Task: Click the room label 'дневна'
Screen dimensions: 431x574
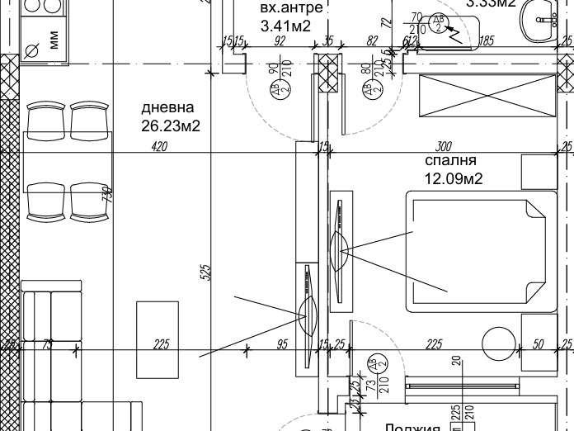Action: click(167, 107)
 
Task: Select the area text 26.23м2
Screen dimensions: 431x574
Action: click(171, 126)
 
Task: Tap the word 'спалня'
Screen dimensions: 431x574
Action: click(450, 161)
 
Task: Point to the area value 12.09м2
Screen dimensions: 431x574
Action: click(454, 178)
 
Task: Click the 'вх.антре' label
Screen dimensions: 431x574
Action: click(285, 8)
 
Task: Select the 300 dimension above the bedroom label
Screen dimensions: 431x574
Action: click(444, 146)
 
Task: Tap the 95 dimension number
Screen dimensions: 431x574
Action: click(282, 344)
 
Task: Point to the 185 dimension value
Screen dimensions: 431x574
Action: click(487, 40)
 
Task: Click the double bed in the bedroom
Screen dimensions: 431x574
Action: click(476, 252)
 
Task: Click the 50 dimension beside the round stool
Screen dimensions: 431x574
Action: click(539, 344)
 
